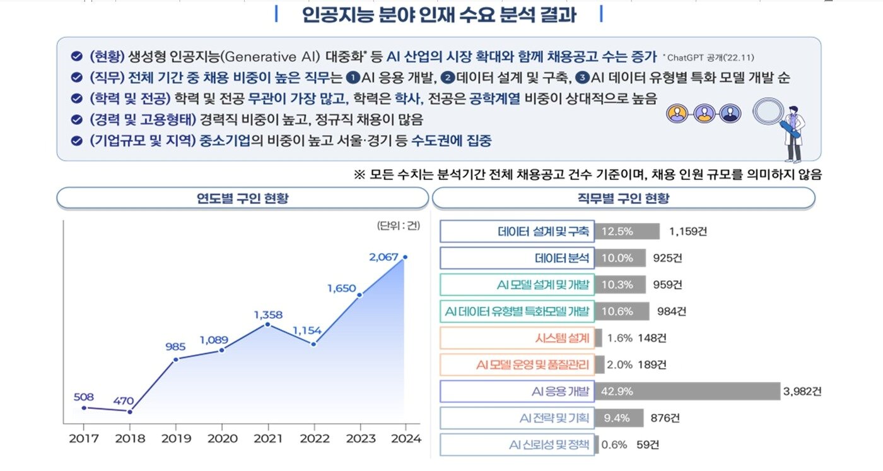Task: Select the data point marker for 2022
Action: click(313, 344)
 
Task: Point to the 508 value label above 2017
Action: click(83, 397)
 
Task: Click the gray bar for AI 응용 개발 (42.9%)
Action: click(687, 391)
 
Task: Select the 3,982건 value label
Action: click(802, 391)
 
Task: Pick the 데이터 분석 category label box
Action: click(517, 258)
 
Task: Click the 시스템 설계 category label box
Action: click(517, 338)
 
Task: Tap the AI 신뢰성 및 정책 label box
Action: click(517, 445)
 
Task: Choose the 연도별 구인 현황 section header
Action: click(243, 198)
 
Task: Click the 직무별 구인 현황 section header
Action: click(623, 198)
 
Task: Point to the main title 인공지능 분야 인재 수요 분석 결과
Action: click(439, 15)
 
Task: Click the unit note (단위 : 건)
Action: click(398, 225)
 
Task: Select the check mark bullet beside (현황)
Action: click(76, 56)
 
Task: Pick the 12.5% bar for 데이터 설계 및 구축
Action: click(626, 232)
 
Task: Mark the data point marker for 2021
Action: click(267, 325)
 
